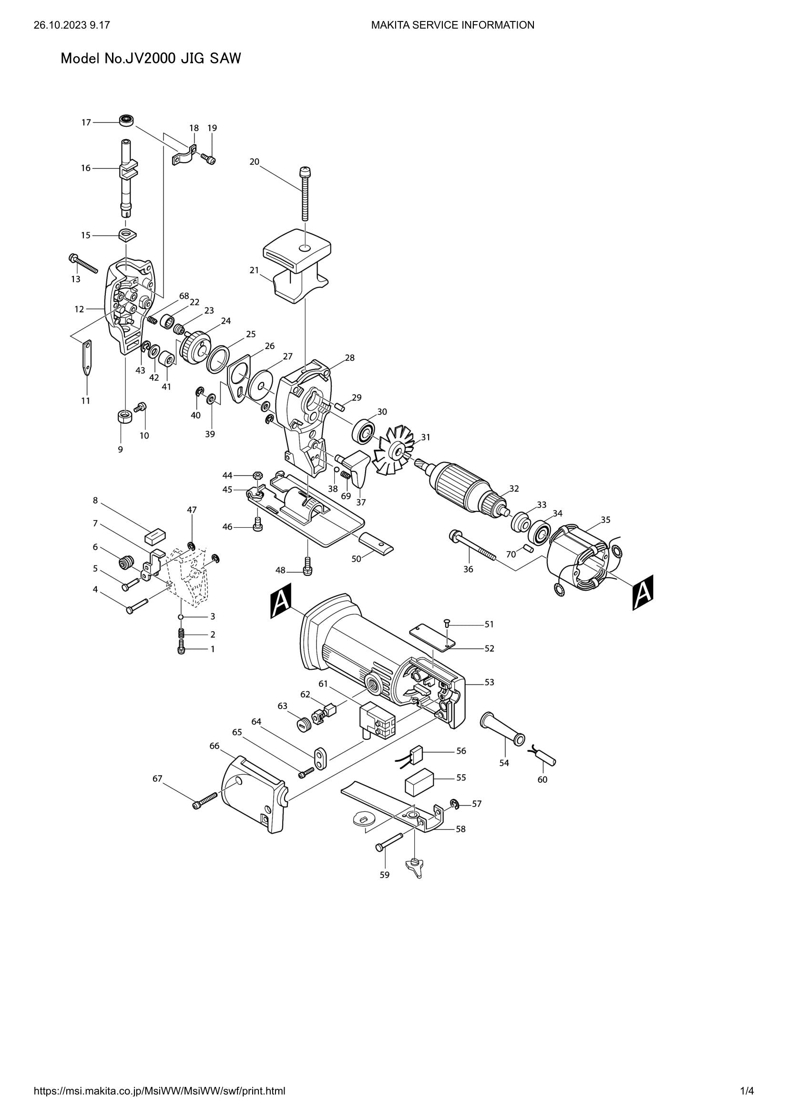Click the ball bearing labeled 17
pos(127,120)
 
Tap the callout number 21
pos(254,270)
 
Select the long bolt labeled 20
pos(305,194)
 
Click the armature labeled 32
pos(463,486)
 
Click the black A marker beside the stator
pos(642,592)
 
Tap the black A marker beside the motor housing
pos(280,601)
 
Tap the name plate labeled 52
pos(432,637)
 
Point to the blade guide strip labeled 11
pos(87,358)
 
